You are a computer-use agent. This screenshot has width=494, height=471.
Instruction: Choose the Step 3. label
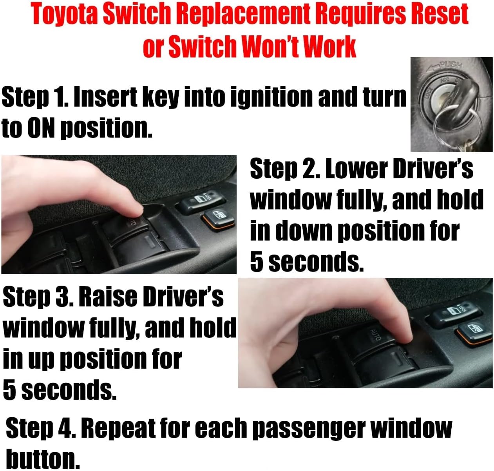pos(37,298)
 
